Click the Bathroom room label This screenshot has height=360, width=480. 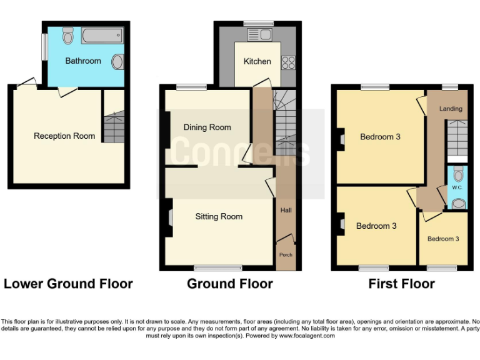tap(83, 61)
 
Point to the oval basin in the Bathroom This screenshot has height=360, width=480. tap(117, 62)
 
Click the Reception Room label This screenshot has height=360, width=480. tap(64, 136)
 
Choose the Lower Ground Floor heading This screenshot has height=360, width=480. tap(68, 284)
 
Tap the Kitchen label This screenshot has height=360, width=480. tap(257, 61)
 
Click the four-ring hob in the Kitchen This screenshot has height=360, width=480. tap(289, 62)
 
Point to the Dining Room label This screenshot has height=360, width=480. tap(207, 127)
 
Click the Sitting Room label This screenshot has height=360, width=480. tap(219, 217)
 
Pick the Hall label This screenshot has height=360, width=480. tap(286, 211)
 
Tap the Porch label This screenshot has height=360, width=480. tap(286, 254)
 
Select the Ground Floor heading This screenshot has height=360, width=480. tap(229, 284)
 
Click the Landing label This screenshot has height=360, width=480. tap(451, 109)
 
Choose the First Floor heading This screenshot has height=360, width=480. tap(401, 284)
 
